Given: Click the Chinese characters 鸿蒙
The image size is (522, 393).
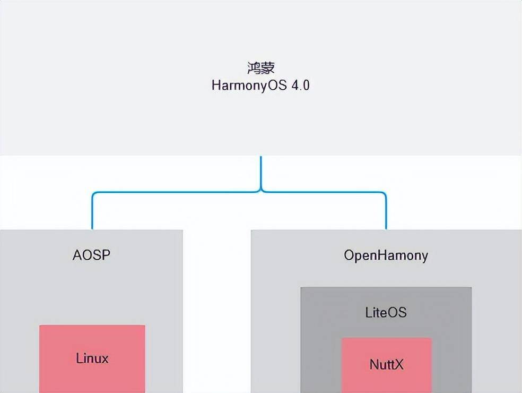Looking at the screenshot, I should (x=260, y=68).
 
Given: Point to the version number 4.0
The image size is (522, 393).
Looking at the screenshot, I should (x=300, y=85).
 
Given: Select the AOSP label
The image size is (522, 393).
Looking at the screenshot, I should (x=91, y=255).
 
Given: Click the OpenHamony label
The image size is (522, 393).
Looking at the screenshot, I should (x=386, y=255).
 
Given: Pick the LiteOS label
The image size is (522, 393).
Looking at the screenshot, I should (x=386, y=312).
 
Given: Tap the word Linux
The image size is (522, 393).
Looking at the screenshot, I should (x=92, y=358).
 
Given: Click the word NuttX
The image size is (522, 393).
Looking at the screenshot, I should (x=386, y=365).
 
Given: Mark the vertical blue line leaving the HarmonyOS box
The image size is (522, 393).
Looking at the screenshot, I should (x=261, y=170).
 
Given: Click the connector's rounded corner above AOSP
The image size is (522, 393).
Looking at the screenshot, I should (x=94, y=194).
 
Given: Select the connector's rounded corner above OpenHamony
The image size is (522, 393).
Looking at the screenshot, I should (x=384, y=194).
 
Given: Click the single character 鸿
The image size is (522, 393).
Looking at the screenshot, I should (x=254, y=68).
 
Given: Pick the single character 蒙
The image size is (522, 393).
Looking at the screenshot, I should (x=267, y=68).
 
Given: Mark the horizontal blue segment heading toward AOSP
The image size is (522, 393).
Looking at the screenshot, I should (x=175, y=192).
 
